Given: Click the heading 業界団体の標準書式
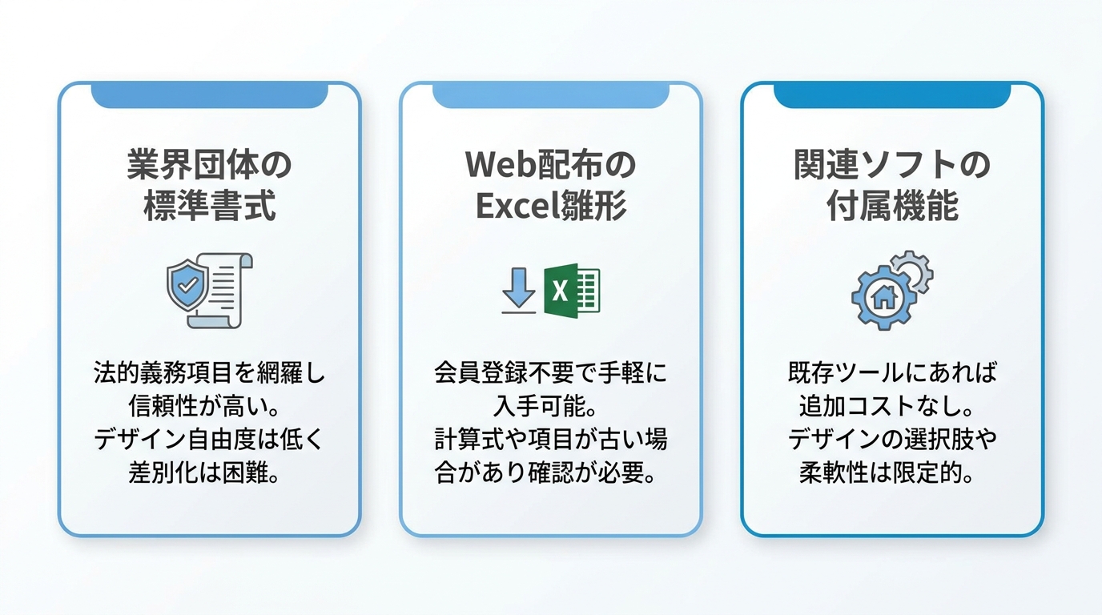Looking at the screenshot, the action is pyautogui.click(x=210, y=185).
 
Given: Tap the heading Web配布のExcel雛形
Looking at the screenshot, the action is pyautogui.click(x=551, y=185).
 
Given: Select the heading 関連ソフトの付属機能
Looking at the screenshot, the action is pyautogui.click(x=892, y=185).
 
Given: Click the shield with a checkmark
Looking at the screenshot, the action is pyautogui.click(x=187, y=285).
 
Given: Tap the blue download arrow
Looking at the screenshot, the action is pyautogui.click(x=518, y=290).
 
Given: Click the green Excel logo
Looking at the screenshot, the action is pyautogui.click(x=572, y=290).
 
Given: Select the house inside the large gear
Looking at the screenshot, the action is pyautogui.click(x=884, y=297).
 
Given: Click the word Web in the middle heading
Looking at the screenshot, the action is pyautogui.click(x=496, y=164).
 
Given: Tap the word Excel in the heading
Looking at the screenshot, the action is pyautogui.click(x=519, y=206).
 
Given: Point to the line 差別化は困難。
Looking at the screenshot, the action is pyautogui.click(x=204, y=473).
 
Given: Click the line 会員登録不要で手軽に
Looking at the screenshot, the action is pyautogui.click(x=551, y=373).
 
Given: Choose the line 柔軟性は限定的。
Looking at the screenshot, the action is pyautogui.click(x=887, y=473).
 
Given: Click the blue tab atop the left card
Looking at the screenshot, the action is pyautogui.click(x=210, y=95).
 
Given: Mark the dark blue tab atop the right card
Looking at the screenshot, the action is pyautogui.click(x=892, y=95).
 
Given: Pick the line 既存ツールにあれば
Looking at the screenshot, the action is pyautogui.click(x=892, y=373).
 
